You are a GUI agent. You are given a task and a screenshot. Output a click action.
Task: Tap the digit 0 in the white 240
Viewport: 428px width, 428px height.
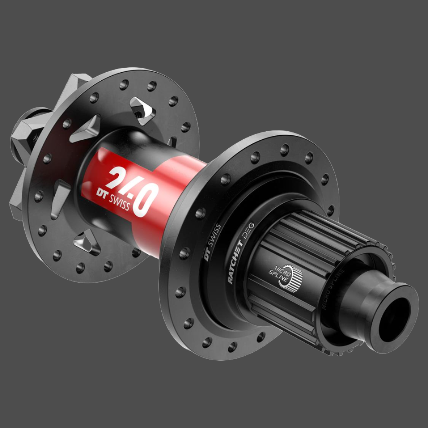pyautogui.click(x=143, y=198)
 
